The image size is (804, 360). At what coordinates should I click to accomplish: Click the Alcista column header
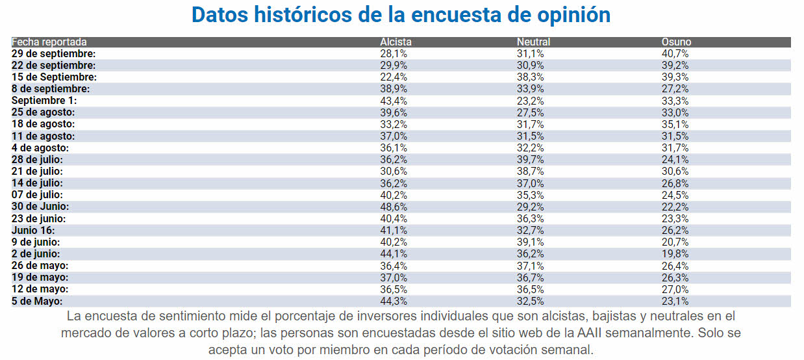point(396,42)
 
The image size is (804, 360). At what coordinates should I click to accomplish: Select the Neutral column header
point(533,42)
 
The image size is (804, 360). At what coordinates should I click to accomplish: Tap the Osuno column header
point(676,42)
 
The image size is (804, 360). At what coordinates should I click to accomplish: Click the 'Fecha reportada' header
point(49,42)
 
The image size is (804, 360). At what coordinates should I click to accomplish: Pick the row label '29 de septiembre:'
point(54,54)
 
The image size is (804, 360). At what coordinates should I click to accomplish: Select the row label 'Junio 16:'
point(33,230)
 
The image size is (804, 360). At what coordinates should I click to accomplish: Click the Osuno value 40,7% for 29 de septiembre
point(675,54)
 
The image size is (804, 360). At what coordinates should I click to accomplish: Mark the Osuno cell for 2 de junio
point(675,254)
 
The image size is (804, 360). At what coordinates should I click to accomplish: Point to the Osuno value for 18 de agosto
point(675,124)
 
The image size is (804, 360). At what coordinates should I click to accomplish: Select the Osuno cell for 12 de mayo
point(675,289)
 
